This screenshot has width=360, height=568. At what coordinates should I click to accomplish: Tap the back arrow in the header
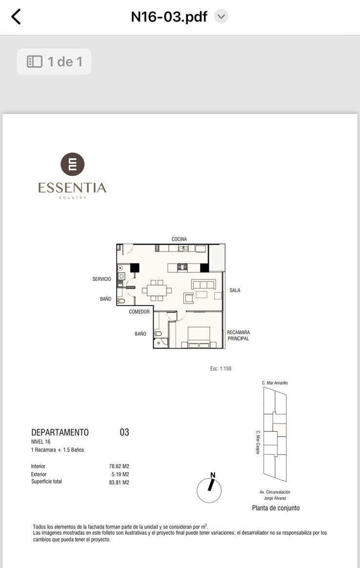click(16, 17)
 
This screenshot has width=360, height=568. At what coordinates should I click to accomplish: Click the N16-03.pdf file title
click(169, 17)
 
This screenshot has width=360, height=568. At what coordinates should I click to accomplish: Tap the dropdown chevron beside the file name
click(221, 16)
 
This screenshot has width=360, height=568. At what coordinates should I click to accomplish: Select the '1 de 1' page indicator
click(54, 61)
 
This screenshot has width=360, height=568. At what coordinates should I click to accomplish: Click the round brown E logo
click(72, 164)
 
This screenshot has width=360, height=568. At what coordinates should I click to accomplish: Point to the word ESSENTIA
click(72, 188)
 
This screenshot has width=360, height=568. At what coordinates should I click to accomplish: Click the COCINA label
click(180, 239)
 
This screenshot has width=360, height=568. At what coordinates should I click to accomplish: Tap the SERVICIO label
click(101, 279)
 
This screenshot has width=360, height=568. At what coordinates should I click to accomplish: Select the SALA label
click(235, 290)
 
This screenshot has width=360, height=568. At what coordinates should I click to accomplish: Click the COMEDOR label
click(139, 311)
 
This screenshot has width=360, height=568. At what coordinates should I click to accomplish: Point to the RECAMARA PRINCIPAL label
click(239, 335)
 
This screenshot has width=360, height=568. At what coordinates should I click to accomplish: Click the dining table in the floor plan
click(157, 290)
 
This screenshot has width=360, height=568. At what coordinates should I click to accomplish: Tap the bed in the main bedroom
click(199, 337)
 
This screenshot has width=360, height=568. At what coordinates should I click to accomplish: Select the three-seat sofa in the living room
click(203, 284)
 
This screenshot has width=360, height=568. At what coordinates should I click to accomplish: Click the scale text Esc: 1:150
click(220, 368)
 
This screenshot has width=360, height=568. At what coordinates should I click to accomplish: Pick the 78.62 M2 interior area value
click(119, 466)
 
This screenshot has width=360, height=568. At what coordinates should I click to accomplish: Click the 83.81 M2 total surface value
click(119, 483)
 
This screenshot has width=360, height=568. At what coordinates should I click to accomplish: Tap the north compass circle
click(209, 490)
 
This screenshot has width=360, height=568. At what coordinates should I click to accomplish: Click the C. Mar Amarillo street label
click(275, 383)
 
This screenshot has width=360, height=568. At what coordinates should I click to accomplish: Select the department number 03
click(124, 432)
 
